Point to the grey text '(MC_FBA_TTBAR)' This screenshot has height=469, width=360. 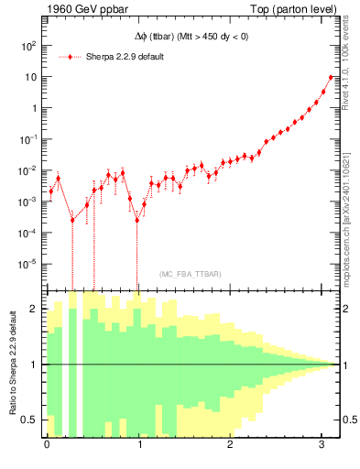tap(190, 275)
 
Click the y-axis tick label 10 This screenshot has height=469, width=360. tap(30, 76)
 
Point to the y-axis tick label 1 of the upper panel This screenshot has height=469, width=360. tap(34, 107)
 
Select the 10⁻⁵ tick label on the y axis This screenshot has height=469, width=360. tap(28, 263)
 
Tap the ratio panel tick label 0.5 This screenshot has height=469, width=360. tap(30, 420)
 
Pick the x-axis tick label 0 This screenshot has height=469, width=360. tap(47, 444)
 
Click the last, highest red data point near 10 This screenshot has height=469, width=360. tap(331, 77)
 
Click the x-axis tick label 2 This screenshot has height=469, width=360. tap(231, 444)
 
